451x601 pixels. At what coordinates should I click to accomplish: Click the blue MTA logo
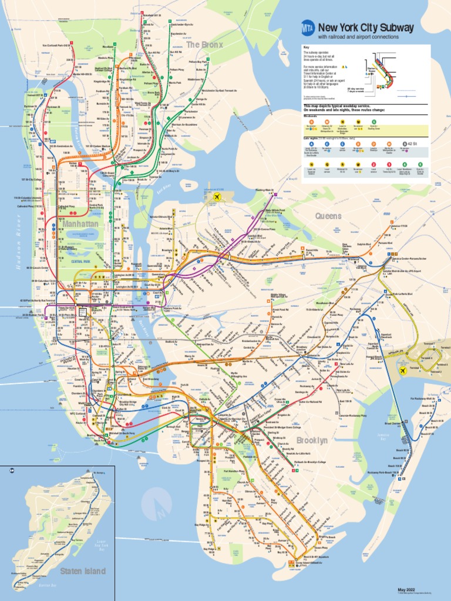coord(307,28)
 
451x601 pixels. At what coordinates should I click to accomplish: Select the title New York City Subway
coord(366,28)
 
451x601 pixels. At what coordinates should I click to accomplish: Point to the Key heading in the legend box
coord(306,47)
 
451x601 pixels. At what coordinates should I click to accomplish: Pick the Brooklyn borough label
coord(312,440)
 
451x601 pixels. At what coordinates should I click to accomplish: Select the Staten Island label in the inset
coord(82,571)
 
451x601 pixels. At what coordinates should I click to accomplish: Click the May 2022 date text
coord(406,589)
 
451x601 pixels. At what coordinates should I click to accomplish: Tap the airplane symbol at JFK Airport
coord(403,370)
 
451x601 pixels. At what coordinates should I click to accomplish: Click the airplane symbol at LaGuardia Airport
coord(217,197)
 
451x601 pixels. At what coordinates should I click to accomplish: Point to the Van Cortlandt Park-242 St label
coord(56,45)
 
